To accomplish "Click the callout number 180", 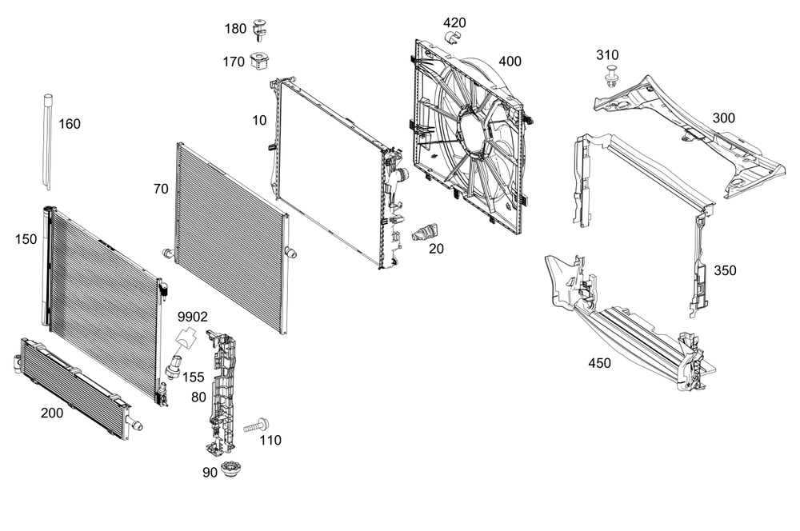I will click(235, 29).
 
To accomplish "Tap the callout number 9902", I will click(192, 317).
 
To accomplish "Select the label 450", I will click(599, 363).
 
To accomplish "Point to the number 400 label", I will click(510, 61).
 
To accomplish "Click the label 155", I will click(194, 377).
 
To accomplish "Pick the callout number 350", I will click(725, 270).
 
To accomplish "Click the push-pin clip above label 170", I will click(258, 30).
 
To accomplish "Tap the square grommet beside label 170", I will click(258, 60).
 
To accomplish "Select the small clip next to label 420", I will click(453, 38).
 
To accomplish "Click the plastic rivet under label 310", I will click(612, 78).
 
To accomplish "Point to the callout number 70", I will click(161, 190).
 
